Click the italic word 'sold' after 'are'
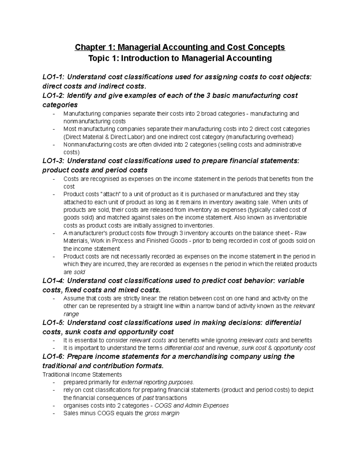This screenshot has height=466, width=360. click(x=79, y=272)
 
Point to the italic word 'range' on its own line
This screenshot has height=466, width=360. click(x=71, y=314)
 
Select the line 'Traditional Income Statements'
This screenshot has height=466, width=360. click(x=82, y=374)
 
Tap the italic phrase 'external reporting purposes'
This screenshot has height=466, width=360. click(x=157, y=383)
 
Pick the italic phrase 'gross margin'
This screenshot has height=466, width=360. click(x=162, y=413)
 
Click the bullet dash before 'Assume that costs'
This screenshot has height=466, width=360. click(x=54, y=299)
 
